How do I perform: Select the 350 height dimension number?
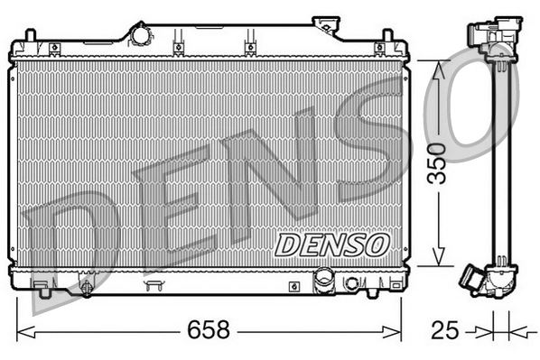tap(436, 162)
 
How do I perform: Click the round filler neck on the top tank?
tap(142, 34)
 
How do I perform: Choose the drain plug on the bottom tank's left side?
tap(86, 288)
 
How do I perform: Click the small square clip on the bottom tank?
tap(294, 286)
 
